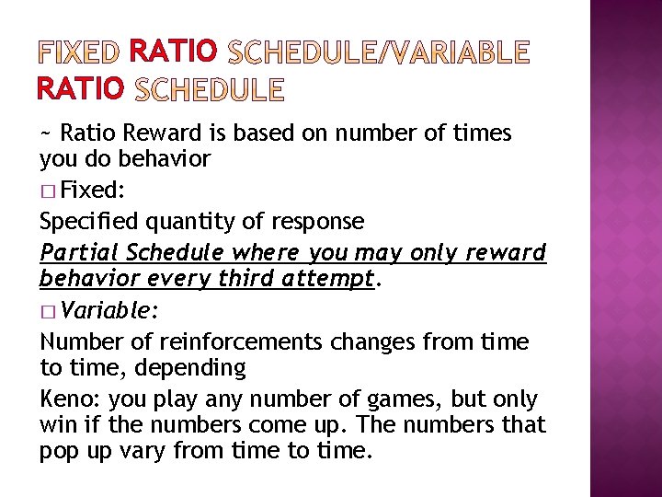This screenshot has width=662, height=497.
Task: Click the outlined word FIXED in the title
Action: coord(79,52)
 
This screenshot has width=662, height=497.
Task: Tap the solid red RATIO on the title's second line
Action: coord(81,88)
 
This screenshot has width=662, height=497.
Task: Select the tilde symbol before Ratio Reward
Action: coord(46,133)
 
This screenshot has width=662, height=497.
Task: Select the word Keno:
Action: coord(70,399)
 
